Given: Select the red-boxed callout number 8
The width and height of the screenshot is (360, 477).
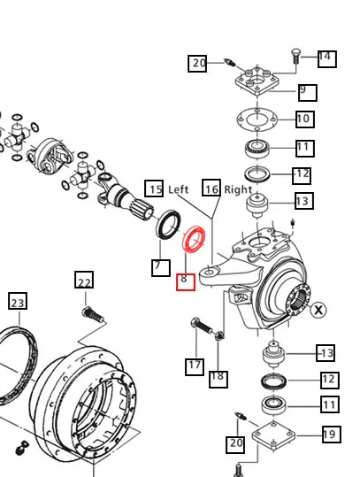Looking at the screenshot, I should click(184, 281).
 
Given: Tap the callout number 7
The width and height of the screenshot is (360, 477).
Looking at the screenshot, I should click(157, 265).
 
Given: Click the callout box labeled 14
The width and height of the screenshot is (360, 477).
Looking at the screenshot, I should click(325, 58).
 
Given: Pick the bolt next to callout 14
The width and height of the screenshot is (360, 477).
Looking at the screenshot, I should click(295, 57).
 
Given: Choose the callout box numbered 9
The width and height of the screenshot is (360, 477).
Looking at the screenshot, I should click(306, 91).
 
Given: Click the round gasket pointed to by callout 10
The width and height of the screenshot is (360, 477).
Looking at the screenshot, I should click(257, 119).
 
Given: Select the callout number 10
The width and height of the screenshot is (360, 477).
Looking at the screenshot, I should click(303, 119).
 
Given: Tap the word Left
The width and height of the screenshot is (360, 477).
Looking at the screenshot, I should click(179, 189).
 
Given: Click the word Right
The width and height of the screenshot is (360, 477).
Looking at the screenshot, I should click(238, 189).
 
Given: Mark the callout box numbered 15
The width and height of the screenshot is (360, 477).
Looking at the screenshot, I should click(155, 188).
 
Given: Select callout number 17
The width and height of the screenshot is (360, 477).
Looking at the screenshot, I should click(195, 365).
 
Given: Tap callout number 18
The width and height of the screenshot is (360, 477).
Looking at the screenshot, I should click(217, 377).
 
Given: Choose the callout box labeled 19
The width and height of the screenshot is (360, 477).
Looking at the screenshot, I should click(329, 435).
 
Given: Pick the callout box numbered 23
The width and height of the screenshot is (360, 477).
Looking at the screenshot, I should click(18, 302).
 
